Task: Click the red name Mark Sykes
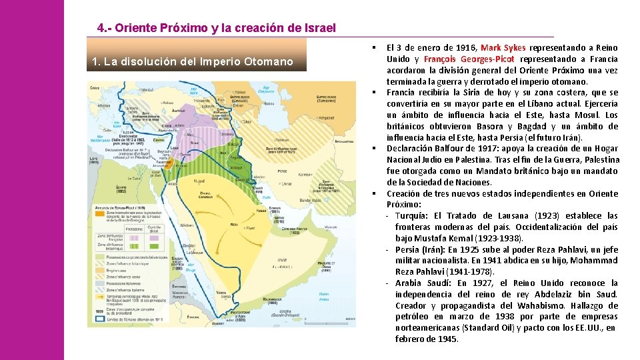[503, 48]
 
